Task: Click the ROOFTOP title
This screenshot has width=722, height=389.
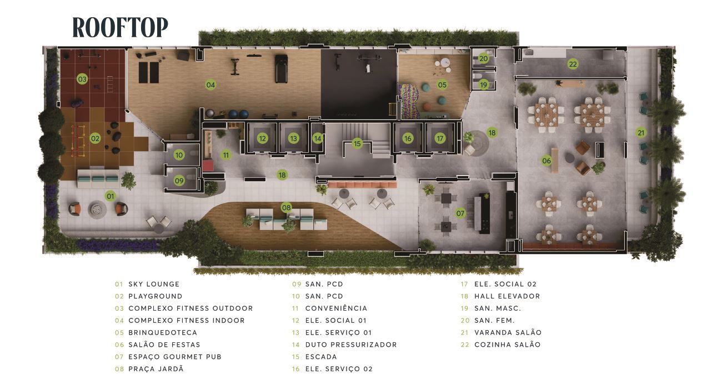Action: point(120,27)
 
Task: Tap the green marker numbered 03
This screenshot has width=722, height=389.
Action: point(82,79)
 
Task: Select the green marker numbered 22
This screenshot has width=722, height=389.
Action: point(573,64)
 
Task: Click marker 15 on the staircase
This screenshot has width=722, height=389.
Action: point(357,143)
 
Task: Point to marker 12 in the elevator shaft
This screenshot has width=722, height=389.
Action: point(263,139)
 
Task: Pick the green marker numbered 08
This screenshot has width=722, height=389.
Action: point(286,208)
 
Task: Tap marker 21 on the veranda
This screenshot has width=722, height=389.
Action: point(641,133)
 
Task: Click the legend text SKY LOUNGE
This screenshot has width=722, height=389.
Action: point(154,284)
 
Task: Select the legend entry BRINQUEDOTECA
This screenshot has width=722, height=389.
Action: point(163,332)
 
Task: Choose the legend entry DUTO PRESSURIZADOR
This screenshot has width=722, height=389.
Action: point(351,345)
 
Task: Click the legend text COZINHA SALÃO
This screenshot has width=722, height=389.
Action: point(507,345)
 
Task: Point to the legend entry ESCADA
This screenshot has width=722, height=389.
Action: point(321,357)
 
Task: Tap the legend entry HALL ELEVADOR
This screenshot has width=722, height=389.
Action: point(507,296)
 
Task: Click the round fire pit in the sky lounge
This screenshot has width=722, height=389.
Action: point(97,210)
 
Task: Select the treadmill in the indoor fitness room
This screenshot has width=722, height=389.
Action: point(281,68)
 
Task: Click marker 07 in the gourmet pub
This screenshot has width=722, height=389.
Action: point(460,213)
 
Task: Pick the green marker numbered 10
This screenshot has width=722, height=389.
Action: point(179,155)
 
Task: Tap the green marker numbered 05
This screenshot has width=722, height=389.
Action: point(442,85)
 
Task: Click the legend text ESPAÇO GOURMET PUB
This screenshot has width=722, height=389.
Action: point(175,357)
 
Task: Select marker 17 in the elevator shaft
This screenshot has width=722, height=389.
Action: point(440,139)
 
